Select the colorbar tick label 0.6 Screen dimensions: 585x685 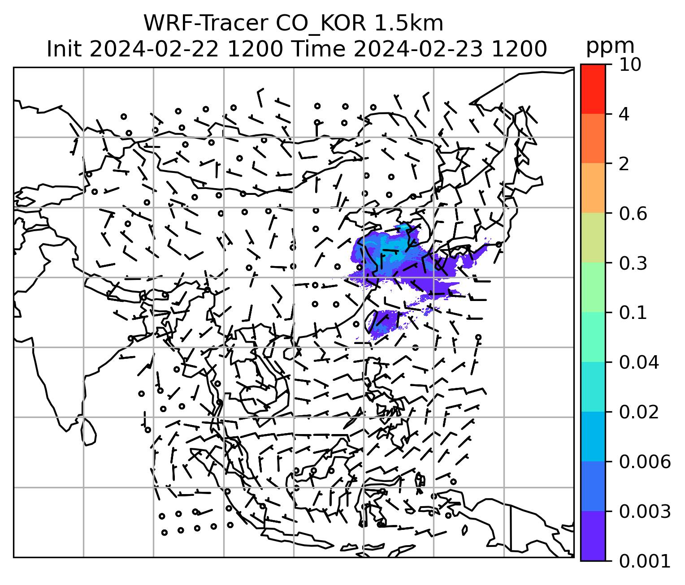(633, 214)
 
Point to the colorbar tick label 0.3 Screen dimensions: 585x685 (633, 263)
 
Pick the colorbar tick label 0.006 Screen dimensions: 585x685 (645, 461)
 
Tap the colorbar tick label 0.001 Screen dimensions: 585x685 (645, 561)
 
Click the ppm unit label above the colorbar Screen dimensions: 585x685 (610, 46)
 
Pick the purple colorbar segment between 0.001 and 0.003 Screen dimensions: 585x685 (593, 535)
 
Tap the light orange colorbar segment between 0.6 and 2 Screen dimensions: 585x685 (593, 188)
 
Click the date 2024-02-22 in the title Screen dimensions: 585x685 (154, 49)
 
